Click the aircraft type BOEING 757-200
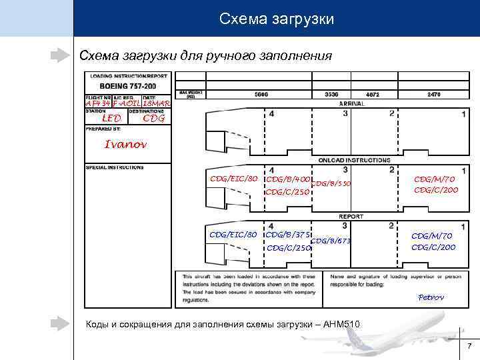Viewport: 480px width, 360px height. click(x=128, y=87)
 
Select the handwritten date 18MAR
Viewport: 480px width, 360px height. click(x=157, y=104)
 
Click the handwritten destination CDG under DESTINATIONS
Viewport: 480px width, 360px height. click(x=154, y=119)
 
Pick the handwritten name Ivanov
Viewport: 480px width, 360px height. click(x=126, y=144)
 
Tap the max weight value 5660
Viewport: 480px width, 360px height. click(x=261, y=95)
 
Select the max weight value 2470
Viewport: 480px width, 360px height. click(x=433, y=95)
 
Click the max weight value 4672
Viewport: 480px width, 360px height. click(x=373, y=95)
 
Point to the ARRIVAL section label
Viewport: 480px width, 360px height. click(x=351, y=104)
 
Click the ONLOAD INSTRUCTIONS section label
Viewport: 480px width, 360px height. click(x=355, y=160)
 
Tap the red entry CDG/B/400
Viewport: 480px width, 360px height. click(x=287, y=179)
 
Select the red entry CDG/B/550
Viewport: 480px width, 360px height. click(x=331, y=184)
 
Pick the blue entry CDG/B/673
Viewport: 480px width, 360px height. click(x=331, y=241)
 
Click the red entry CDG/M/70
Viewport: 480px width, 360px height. click(x=434, y=179)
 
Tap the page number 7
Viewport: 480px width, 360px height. click(x=469, y=346)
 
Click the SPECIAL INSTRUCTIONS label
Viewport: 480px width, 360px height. click(x=115, y=167)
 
